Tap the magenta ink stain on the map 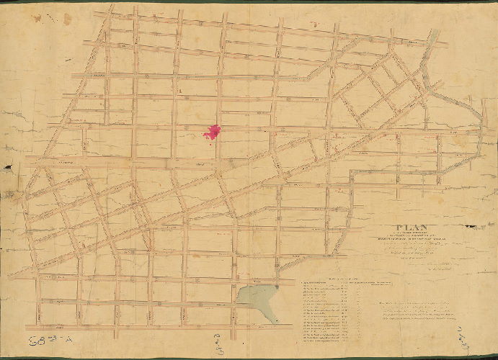[x=212, y=132]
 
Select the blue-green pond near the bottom [x=256, y=297]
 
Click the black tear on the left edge [x=7, y=167]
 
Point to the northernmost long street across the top [x=274, y=29]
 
